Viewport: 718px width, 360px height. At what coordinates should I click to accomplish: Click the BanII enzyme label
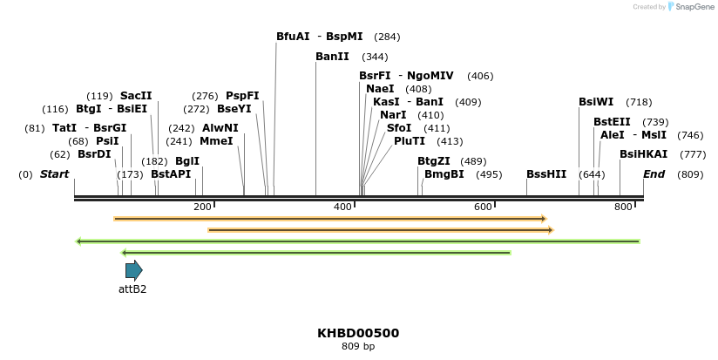tap(332, 57)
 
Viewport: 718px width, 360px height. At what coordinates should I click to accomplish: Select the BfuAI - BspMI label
tap(319, 37)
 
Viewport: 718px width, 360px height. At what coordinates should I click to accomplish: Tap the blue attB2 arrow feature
tap(133, 270)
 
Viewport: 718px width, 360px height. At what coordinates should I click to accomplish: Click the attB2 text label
tap(132, 289)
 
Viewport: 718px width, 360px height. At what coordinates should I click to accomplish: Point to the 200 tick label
tap(202, 207)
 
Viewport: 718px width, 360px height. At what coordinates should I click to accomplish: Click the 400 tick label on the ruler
tap(342, 207)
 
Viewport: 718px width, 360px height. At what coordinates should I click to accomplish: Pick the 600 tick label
tap(483, 207)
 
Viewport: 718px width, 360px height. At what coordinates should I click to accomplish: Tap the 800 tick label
tap(623, 207)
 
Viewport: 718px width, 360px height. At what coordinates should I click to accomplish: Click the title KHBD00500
tap(358, 333)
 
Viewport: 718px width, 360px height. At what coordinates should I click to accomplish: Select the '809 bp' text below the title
tap(358, 346)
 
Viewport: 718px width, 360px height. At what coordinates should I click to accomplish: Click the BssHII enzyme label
tap(546, 174)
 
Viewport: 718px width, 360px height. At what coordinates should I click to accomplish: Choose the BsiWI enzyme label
tap(596, 102)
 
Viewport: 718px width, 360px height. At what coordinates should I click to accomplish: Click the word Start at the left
tap(54, 174)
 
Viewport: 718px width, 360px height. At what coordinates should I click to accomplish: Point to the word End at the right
tap(654, 174)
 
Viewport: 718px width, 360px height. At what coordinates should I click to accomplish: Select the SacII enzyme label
tap(136, 96)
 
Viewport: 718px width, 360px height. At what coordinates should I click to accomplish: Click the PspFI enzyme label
tap(242, 96)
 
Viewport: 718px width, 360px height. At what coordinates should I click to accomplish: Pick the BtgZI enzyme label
tap(433, 161)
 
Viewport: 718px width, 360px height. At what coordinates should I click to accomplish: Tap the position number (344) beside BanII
tap(375, 57)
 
